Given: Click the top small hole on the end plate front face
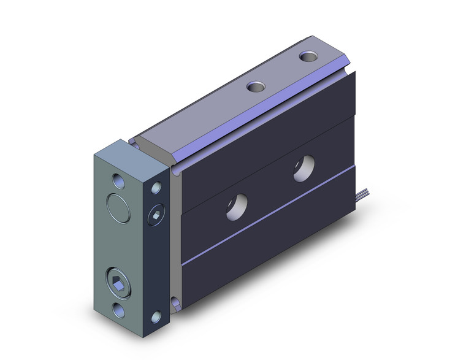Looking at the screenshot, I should [x=117, y=181].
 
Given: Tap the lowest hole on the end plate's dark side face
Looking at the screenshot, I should [x=157, y=317].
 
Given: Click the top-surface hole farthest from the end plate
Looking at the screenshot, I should [x=308, y=57].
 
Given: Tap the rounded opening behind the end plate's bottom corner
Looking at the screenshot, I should [x=176, y=301].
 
